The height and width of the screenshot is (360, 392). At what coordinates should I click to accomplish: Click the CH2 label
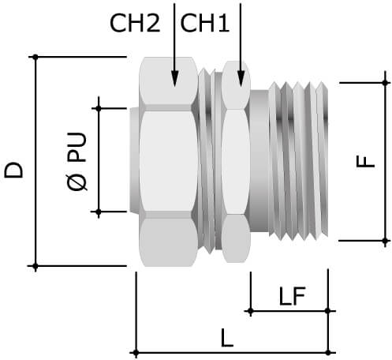pyautogui.click(x=135, y=24)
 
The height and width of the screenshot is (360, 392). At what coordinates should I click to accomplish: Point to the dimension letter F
pyautogui.click(x=364, y=161)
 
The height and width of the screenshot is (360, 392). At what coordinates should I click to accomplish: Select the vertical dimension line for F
pyautogui.click(x=386, y=197)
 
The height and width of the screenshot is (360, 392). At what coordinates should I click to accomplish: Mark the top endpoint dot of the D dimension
pyautogui.click(x=35, y=56)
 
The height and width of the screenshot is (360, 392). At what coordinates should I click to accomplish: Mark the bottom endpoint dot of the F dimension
pyautogui.click(x=386, y=239)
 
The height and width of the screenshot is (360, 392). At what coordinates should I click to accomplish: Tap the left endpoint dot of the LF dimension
pyautogui.click(x=250, y=311)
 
